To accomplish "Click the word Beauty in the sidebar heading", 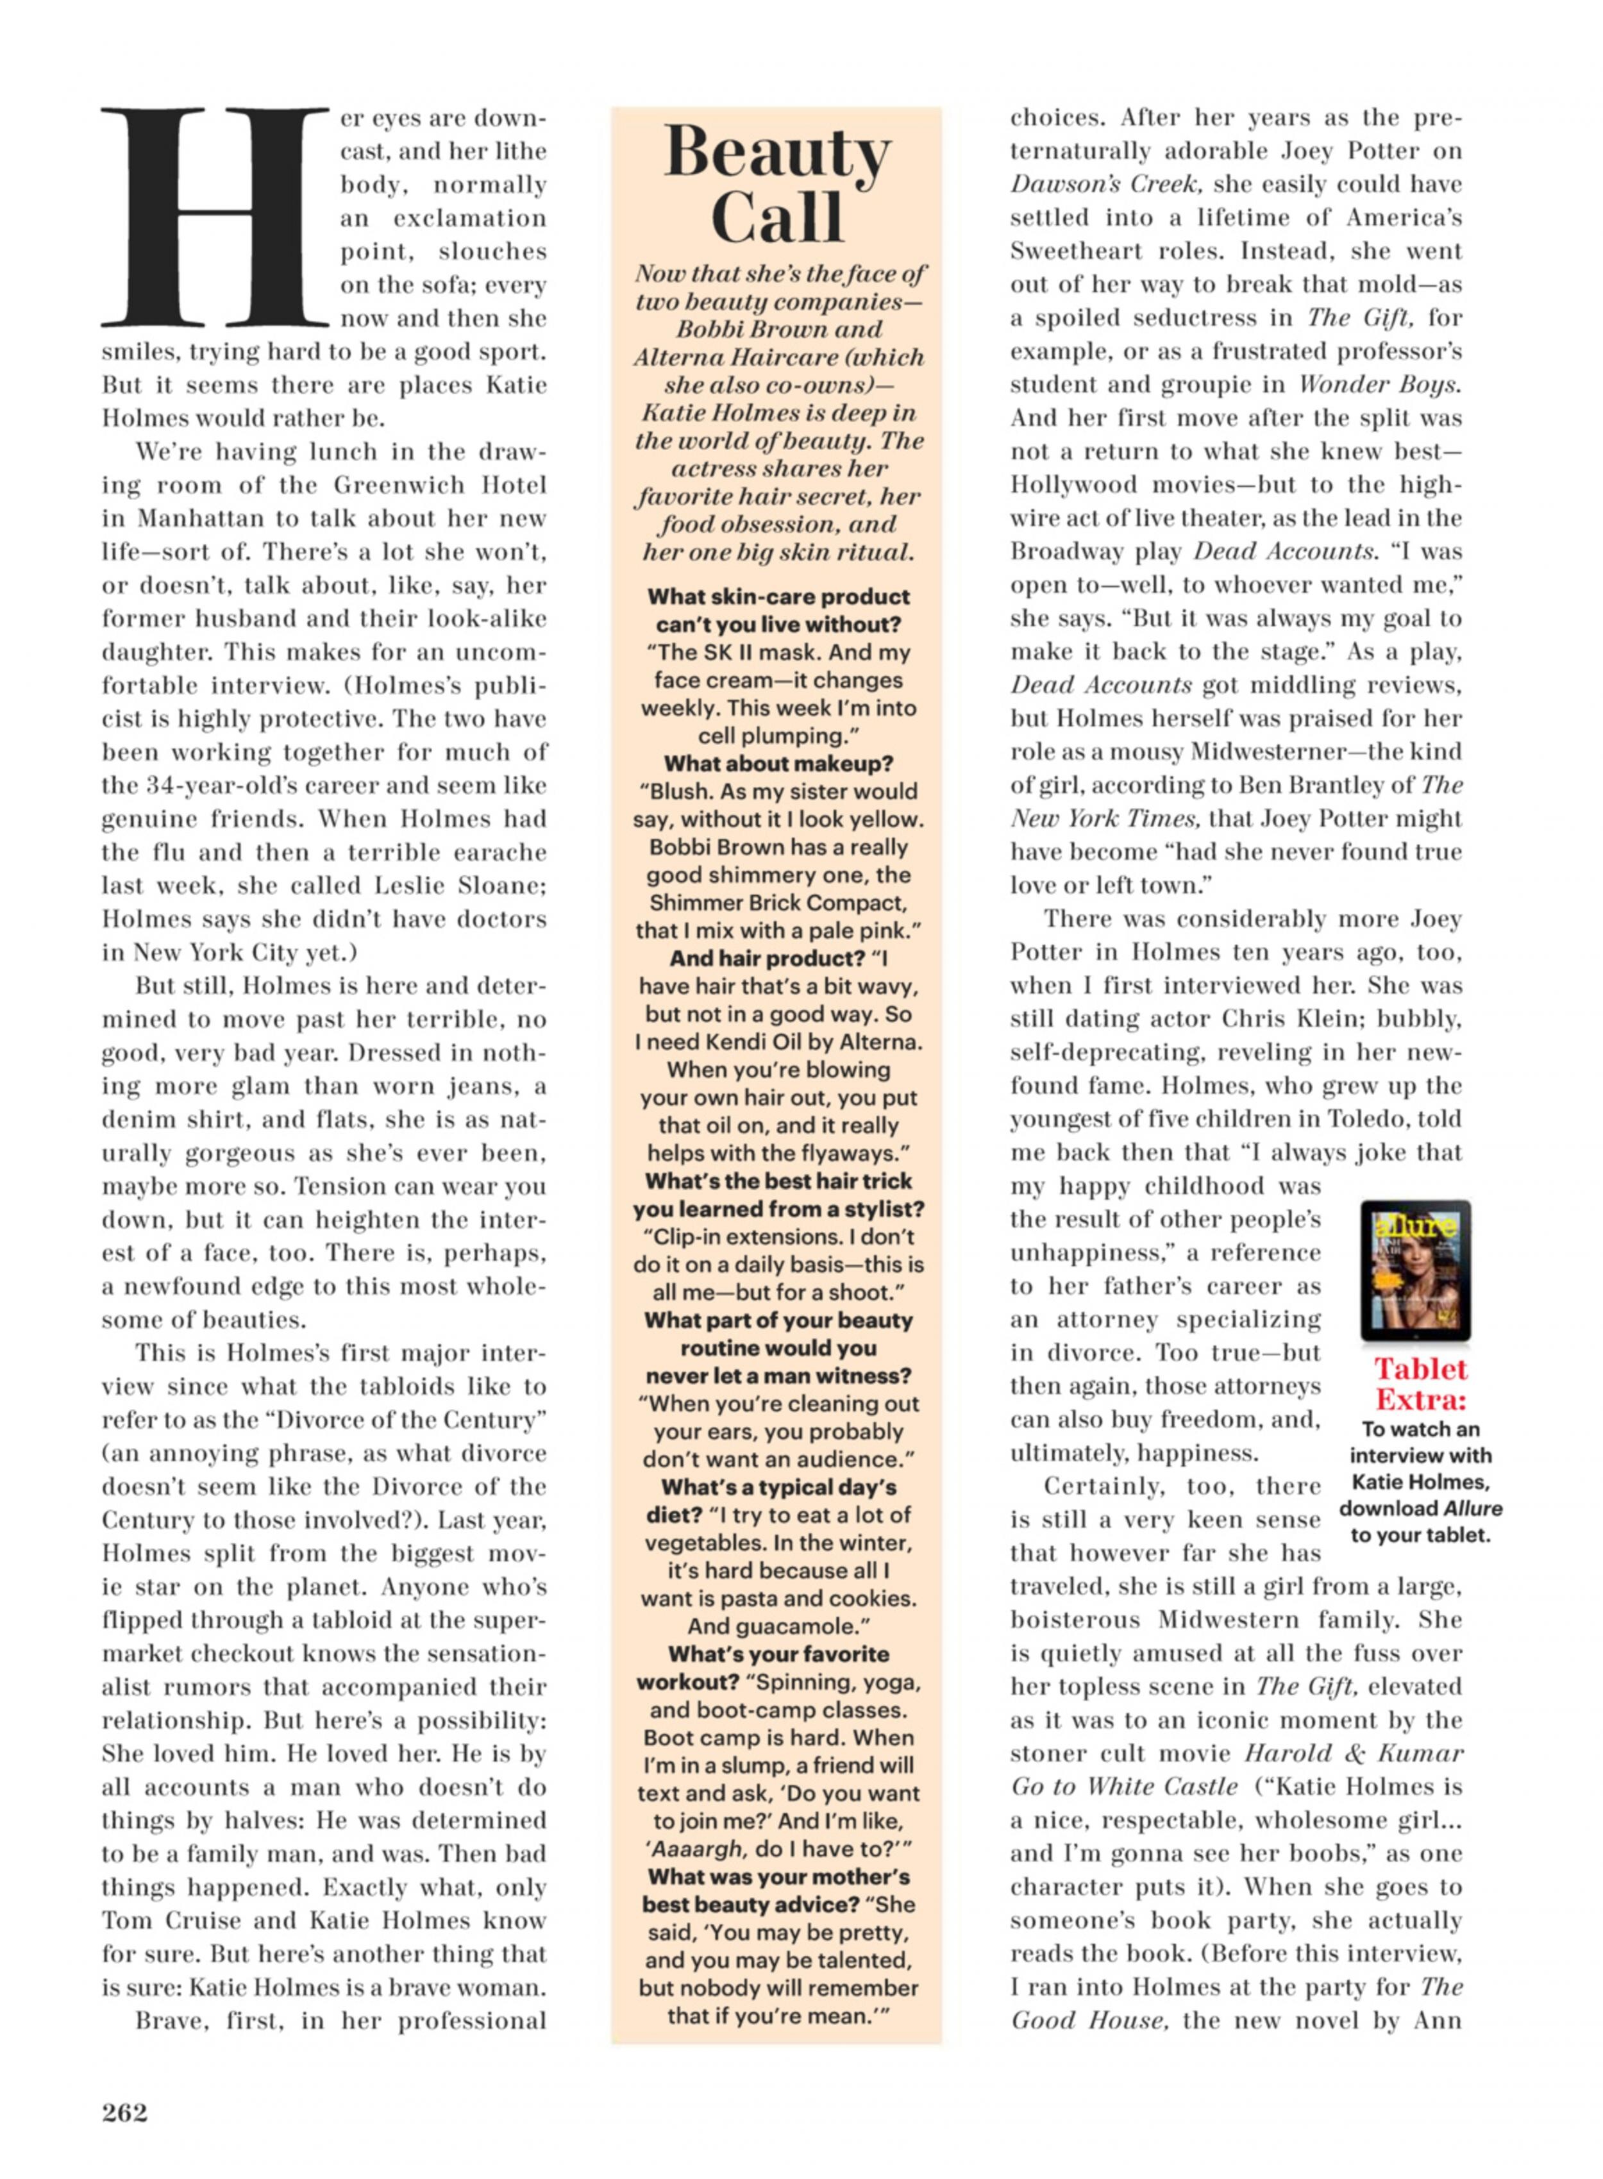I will coord(776,153).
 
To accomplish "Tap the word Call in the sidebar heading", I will coord(776,217).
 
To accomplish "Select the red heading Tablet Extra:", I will coord(1420,1384).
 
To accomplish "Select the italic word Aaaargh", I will coord(698,1849).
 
